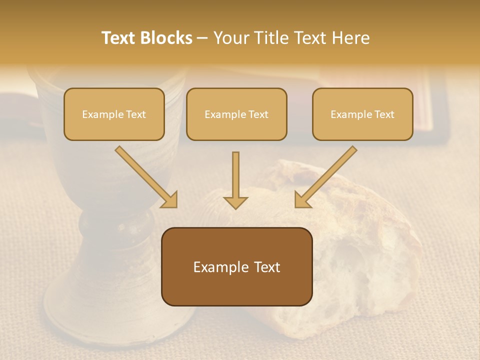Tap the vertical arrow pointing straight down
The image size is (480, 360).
point(235,180)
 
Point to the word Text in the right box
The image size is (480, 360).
point(384,114)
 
